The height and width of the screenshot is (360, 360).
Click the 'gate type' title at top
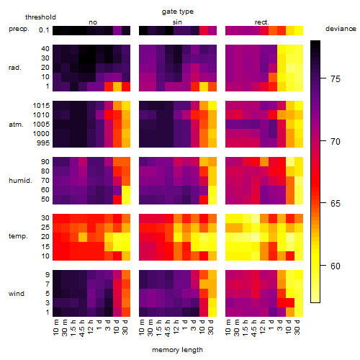coord(178,12)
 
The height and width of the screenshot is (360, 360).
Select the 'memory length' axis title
coord(177,350)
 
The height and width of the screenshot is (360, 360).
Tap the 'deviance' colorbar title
coord(341,29)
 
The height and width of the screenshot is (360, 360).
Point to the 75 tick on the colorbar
coord(323,78)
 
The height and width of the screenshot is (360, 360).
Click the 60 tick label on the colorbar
coord(336,266)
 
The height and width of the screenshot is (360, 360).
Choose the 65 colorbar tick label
coord(336,204)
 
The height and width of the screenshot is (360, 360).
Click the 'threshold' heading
coord(40,17)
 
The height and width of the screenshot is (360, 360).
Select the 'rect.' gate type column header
coord(261,22)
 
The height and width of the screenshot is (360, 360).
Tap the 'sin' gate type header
coord(177,22)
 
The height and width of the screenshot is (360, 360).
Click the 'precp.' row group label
coord(19,29)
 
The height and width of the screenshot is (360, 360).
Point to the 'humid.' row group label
coord(20,181)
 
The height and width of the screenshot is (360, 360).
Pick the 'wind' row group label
coord(17,294)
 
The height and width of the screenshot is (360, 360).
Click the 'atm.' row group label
coord(16,125)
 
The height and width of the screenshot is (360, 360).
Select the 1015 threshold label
coord(41,106)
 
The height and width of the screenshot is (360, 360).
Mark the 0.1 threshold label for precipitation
coord(44,30)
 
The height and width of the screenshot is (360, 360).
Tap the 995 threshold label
coord(43,143)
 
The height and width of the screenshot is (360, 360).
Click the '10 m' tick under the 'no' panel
coord(55,328)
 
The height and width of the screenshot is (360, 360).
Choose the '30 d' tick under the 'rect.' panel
coord(297,328)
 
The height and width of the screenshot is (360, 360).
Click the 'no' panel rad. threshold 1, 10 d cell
coord(117,86)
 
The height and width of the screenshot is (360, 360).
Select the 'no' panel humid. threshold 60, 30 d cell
coord(126,190)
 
